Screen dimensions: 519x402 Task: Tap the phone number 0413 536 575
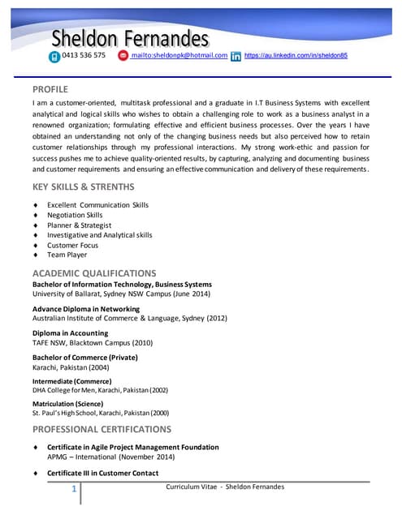84,55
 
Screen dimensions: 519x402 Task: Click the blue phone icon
54,56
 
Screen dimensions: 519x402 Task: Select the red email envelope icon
123,55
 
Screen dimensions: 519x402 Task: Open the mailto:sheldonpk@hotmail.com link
179,55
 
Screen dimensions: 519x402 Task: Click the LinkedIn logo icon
236,56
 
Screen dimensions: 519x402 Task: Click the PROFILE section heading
50,88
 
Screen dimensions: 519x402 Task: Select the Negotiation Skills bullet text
75,215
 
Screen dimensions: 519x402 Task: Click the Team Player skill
67,255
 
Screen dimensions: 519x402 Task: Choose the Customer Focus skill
72,245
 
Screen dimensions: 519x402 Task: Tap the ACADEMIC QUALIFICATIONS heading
93,272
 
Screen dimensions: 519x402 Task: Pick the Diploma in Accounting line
70,333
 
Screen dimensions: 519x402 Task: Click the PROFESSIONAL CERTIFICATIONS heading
102,429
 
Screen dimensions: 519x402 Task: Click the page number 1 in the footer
74,489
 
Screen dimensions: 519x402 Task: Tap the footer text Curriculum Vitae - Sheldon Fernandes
225,487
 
